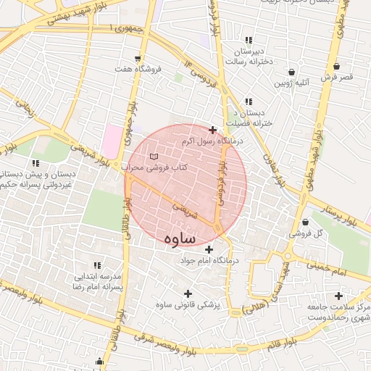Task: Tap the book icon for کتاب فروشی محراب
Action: coord(153,157)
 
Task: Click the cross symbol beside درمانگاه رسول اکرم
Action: coord(212,130)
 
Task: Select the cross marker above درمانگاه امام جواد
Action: coord(209,249)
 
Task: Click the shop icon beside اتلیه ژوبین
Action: coord(291,72)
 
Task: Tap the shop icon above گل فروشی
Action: coord(305,222)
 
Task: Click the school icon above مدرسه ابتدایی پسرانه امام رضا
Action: coord(97,264)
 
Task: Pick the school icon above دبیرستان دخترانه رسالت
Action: coord(249,40)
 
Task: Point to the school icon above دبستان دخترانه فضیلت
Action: coord(249,101)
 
